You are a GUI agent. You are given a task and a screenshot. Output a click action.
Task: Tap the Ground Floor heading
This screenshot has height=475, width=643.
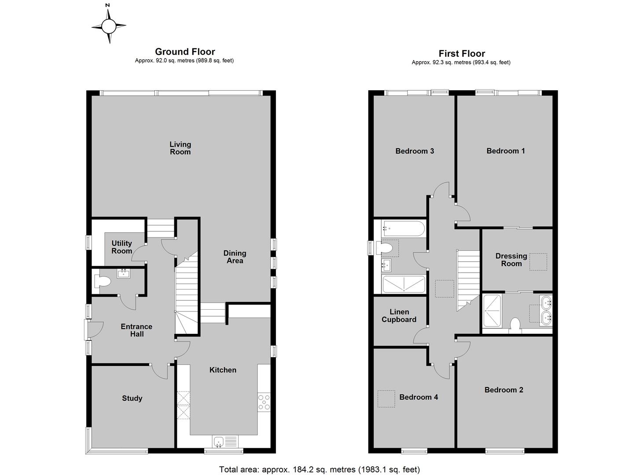pos(185,52)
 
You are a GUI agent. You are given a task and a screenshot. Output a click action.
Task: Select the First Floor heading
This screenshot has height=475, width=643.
pos(461,54)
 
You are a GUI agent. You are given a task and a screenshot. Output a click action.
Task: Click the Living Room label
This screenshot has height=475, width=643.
pos(180,148)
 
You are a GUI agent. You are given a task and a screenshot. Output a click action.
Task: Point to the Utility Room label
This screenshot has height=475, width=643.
pos(122,247)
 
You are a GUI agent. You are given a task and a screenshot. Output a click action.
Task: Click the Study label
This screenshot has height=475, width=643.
pos(132,398)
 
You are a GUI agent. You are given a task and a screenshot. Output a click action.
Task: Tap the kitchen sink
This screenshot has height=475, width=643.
pos(225,441)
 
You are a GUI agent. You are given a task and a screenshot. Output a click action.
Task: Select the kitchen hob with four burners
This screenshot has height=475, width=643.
pos(264,402)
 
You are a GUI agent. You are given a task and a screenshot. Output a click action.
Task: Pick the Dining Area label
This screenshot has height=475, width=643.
pos(235,257)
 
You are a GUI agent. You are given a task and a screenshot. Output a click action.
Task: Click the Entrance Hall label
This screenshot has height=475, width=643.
pos(136,330)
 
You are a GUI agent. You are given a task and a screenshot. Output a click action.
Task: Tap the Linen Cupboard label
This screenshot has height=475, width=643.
pos(399,316)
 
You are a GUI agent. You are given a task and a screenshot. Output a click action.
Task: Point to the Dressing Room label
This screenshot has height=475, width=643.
pos(511,260)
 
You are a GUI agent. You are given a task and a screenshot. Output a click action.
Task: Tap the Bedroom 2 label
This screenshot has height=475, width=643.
pos(504,390)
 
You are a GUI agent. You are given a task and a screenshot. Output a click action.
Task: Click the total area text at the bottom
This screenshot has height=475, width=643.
pos(320,469)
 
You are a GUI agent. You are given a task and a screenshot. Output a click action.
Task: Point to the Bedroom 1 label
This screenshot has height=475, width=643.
pos(506,151)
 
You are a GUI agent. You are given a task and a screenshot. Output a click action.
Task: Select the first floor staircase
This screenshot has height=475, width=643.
pos(468,279)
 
